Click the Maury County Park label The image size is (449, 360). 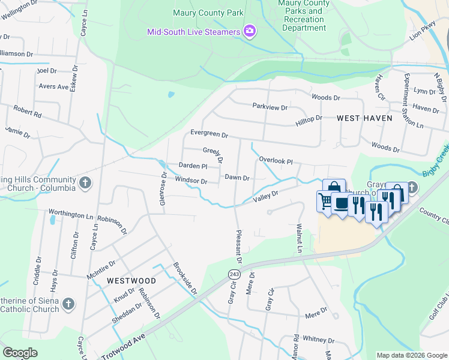pos(208,12)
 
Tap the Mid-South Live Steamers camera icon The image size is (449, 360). pos(250,31)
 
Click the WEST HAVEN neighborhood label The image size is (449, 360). pos(364,118)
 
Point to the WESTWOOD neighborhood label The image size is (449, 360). pos(131,281)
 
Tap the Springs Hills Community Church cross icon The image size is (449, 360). pos(85,182)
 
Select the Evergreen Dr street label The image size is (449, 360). pos(209,134)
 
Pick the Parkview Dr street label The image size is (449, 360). pos(270,107)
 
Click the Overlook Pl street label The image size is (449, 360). pos(276,161)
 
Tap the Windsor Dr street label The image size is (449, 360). pos(191,180)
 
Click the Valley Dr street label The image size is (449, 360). pos(266,196)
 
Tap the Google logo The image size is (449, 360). pos(20,353)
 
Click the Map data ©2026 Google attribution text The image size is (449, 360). pos(411,355)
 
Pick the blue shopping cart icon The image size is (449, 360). pos(325,200)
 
